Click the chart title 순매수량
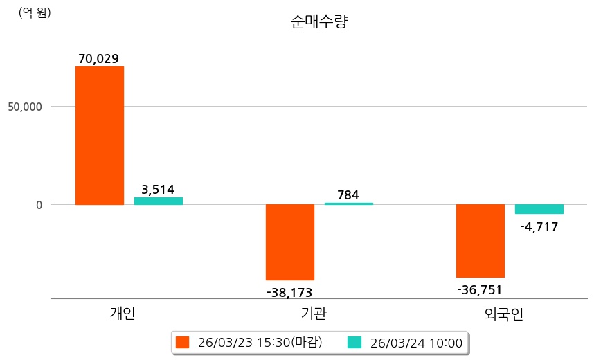319,21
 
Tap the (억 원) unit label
35,12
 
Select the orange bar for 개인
100,136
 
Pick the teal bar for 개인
159,201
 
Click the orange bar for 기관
290,242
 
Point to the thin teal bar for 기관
348,204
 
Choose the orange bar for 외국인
480,241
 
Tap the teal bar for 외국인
539,209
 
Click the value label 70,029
100,59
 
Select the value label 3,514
158,189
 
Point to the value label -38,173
289,293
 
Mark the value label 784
348,195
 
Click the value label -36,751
480,290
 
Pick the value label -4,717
539,226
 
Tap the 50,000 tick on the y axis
25,107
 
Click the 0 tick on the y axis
39,205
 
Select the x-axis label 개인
123,314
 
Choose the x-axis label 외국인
504,314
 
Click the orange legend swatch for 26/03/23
182,342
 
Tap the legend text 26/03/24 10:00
416,342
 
